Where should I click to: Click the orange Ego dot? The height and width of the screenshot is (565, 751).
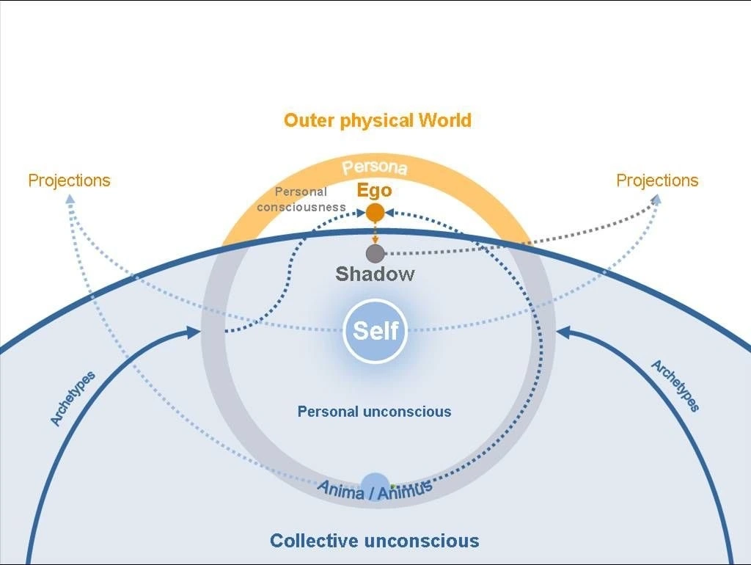pyautogui.click(x=375, y=213)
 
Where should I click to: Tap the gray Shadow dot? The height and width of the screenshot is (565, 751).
pyautogui.click(x=375, y=254)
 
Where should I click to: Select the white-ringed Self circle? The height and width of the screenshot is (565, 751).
pyautogui.click(x=375, y=331)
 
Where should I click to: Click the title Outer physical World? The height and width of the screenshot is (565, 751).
pyautogui.click(x=377, y=120)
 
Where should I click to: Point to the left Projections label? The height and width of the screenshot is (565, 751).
pyautogui.click(x=69, y=181)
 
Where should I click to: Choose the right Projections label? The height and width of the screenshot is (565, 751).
pyautogui.click(x=657, y=181)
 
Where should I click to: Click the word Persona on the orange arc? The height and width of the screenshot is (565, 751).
pyautogui.click(x=375, y=167)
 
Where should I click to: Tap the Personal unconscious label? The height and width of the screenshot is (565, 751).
pyautogui.click(x=374, y=412)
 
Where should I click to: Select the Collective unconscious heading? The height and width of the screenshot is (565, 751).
pyautogui.click(x=374, y=542)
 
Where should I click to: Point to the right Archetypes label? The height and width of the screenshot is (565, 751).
pyautogui.click(x=675, y=386)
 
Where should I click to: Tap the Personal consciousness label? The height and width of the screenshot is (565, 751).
pyautogui.click(x=301, y=200)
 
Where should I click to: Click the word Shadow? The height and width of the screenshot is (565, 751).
pyautogui.click(x=375, y=274)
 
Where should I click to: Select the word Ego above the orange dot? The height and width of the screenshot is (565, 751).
pyautogui.click(x=375, y=191)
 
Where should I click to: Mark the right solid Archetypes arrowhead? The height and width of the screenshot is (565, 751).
pyautogui.click(x=561, y=332)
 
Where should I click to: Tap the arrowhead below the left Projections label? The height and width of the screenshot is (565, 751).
pyautogui.click(x=70, y=199)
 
